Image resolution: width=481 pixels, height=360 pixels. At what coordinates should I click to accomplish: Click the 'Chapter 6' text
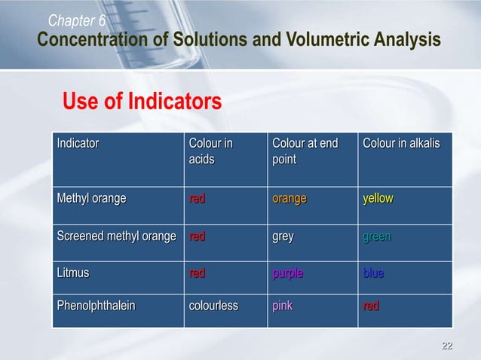click(x=78, y=20)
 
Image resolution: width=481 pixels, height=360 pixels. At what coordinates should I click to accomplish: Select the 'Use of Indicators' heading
click(x=142, y=101)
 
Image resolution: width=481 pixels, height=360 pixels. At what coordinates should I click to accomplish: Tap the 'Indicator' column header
click(x=78, y=143)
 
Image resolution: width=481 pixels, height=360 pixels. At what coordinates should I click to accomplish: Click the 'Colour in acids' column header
click(x=210, y=151)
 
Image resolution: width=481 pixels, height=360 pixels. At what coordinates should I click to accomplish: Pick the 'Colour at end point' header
click(x=305, y=151)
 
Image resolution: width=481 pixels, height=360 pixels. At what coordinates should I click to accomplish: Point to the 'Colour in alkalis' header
click(x=401, y=143)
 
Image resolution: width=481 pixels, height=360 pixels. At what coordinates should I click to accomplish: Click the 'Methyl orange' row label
click(x=92, y=199)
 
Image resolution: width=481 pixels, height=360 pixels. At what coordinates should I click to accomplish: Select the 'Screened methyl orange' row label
click(x=117, y=236)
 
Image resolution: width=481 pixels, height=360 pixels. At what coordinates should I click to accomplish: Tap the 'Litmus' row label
click(x=73, y=273)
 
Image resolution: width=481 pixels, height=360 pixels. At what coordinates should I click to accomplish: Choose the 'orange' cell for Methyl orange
click(x=290, y=199)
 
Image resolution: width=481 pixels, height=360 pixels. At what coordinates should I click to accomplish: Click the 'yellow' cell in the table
click(x=378, y=199)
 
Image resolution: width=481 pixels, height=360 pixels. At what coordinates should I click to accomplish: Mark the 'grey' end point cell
click(x=283, y=236)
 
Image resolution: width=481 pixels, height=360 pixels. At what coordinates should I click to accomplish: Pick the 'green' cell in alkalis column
click(x=377, y=236)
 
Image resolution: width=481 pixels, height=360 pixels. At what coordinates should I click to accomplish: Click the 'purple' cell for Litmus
click(x=287, y=273)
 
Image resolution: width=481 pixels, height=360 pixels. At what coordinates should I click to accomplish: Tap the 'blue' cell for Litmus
click(x=373, y=273)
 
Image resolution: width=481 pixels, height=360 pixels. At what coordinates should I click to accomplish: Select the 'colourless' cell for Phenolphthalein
click(x=213, y=307)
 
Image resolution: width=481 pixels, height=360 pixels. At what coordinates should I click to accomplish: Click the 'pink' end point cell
click(x=282, y=307)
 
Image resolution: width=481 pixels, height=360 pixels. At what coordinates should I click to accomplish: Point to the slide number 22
click(x=447, y=346)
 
